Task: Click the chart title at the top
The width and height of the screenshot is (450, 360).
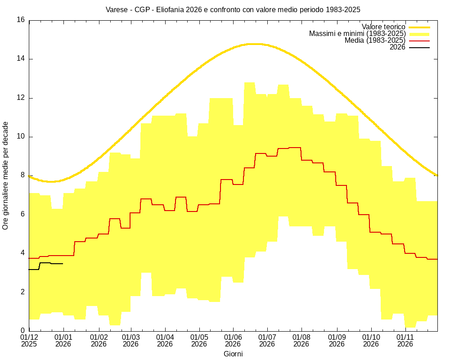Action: pyautogui.click(x=233, y=9)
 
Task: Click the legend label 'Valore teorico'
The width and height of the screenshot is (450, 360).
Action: pyautogui.click(x=383, y=27)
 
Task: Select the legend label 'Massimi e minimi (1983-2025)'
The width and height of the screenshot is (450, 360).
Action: pyautogui.click(x=357, y=34)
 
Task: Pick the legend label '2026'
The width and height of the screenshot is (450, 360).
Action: pyautogui.click(x=397, y=47)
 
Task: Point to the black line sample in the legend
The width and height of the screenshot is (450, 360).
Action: pyautogui.click(x=419, y=47)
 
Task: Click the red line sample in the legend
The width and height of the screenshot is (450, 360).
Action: pyautogui.click(x=419, y=40)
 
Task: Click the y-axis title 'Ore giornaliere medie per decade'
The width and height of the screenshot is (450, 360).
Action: pyautogui.click(x=5, y=175)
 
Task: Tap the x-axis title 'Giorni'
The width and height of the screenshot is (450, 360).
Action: pyautogui.click(x=233, y=354)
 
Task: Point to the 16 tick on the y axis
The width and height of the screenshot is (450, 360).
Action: pyautogui.click(x=21, y=20)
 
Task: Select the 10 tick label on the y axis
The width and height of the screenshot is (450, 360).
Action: pyautogui.click(x=21, y=137)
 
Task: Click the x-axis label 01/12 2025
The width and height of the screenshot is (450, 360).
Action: pyautogui.click(x=30, y=340)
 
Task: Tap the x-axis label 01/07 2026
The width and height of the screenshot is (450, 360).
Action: pyautogui.click(x=267, y=340)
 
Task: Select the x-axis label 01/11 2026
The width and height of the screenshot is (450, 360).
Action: pyautogui.click(x=405, y=340)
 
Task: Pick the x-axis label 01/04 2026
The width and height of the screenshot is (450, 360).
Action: pyautogui.click(x=165, y=340)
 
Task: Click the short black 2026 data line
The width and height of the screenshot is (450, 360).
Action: pyautogui.click(x=45, y=263)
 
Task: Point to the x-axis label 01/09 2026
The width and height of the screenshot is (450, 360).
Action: pyautogui.click(x=337, y=340)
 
